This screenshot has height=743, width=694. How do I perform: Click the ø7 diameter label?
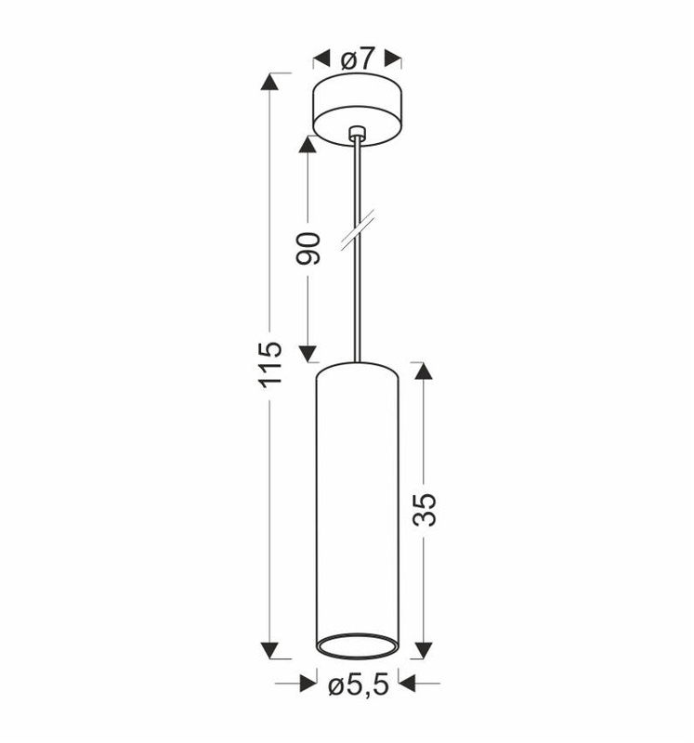[358, 59]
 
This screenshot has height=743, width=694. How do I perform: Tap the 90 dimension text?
[309, 249]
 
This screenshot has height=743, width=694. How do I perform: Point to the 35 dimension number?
[424, 508]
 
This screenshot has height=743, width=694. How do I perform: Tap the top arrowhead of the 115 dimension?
[269, 82]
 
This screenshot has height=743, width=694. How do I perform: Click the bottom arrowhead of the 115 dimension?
[269, 650]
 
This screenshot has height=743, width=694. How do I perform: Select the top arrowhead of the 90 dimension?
[308, 145]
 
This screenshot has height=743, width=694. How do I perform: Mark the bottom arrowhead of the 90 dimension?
[308, 352]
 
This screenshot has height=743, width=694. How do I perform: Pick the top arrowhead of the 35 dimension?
[424, 371]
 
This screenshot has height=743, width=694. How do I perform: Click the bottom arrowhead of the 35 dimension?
[424, 649]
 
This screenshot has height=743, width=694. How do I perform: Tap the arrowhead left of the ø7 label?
[322, 59]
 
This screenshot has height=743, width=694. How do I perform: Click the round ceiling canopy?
[357, 107]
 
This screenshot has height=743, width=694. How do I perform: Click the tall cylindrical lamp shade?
[358, 502]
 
